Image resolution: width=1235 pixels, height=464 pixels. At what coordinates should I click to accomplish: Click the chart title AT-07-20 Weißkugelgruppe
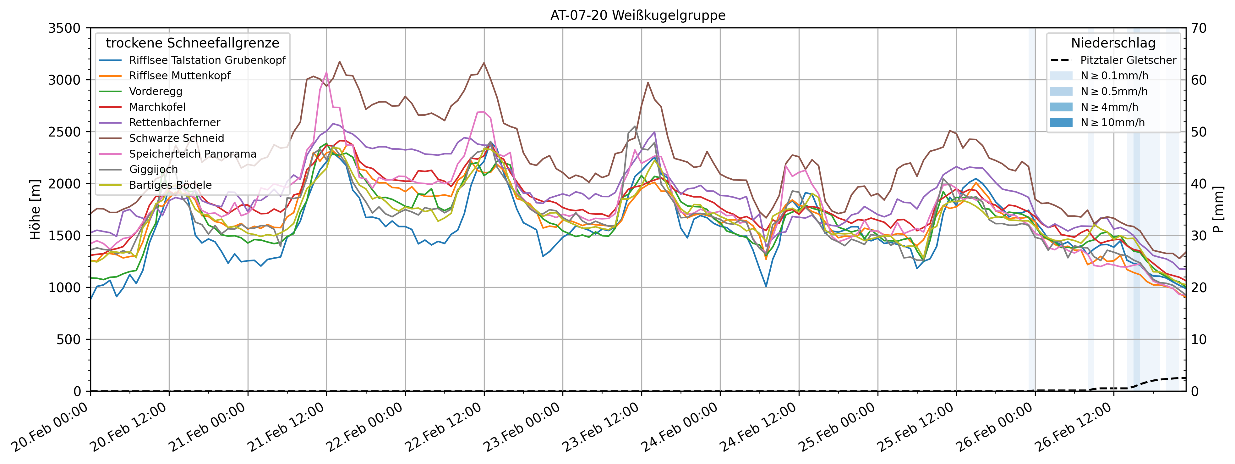coord(638,15)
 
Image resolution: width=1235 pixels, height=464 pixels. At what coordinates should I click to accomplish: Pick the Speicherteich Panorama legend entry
coord(193,154)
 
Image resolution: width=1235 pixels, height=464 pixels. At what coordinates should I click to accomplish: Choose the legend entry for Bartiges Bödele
coord(170,185)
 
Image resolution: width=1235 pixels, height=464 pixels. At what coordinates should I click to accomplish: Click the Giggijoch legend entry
coord(153,169)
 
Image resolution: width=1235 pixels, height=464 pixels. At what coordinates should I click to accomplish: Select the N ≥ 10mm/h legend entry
coord(1112,122)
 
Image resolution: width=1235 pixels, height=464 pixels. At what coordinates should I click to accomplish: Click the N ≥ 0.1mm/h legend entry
coord(1114,75)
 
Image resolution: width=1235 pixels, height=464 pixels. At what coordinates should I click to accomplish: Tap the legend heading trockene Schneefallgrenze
coord(192,43)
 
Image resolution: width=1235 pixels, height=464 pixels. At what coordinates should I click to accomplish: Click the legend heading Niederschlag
coord(1113,43)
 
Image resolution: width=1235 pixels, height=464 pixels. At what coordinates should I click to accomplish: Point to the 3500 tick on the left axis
coord(64,28)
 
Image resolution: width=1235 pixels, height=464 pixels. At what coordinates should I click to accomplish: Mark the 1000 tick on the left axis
coord(64,288)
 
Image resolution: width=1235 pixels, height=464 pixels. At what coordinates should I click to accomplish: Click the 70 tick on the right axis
coord(1199,28)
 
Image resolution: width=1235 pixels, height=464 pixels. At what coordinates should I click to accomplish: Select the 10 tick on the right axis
coord(1199,339)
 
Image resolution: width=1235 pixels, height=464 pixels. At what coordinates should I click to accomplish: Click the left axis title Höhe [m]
coord(35,210)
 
